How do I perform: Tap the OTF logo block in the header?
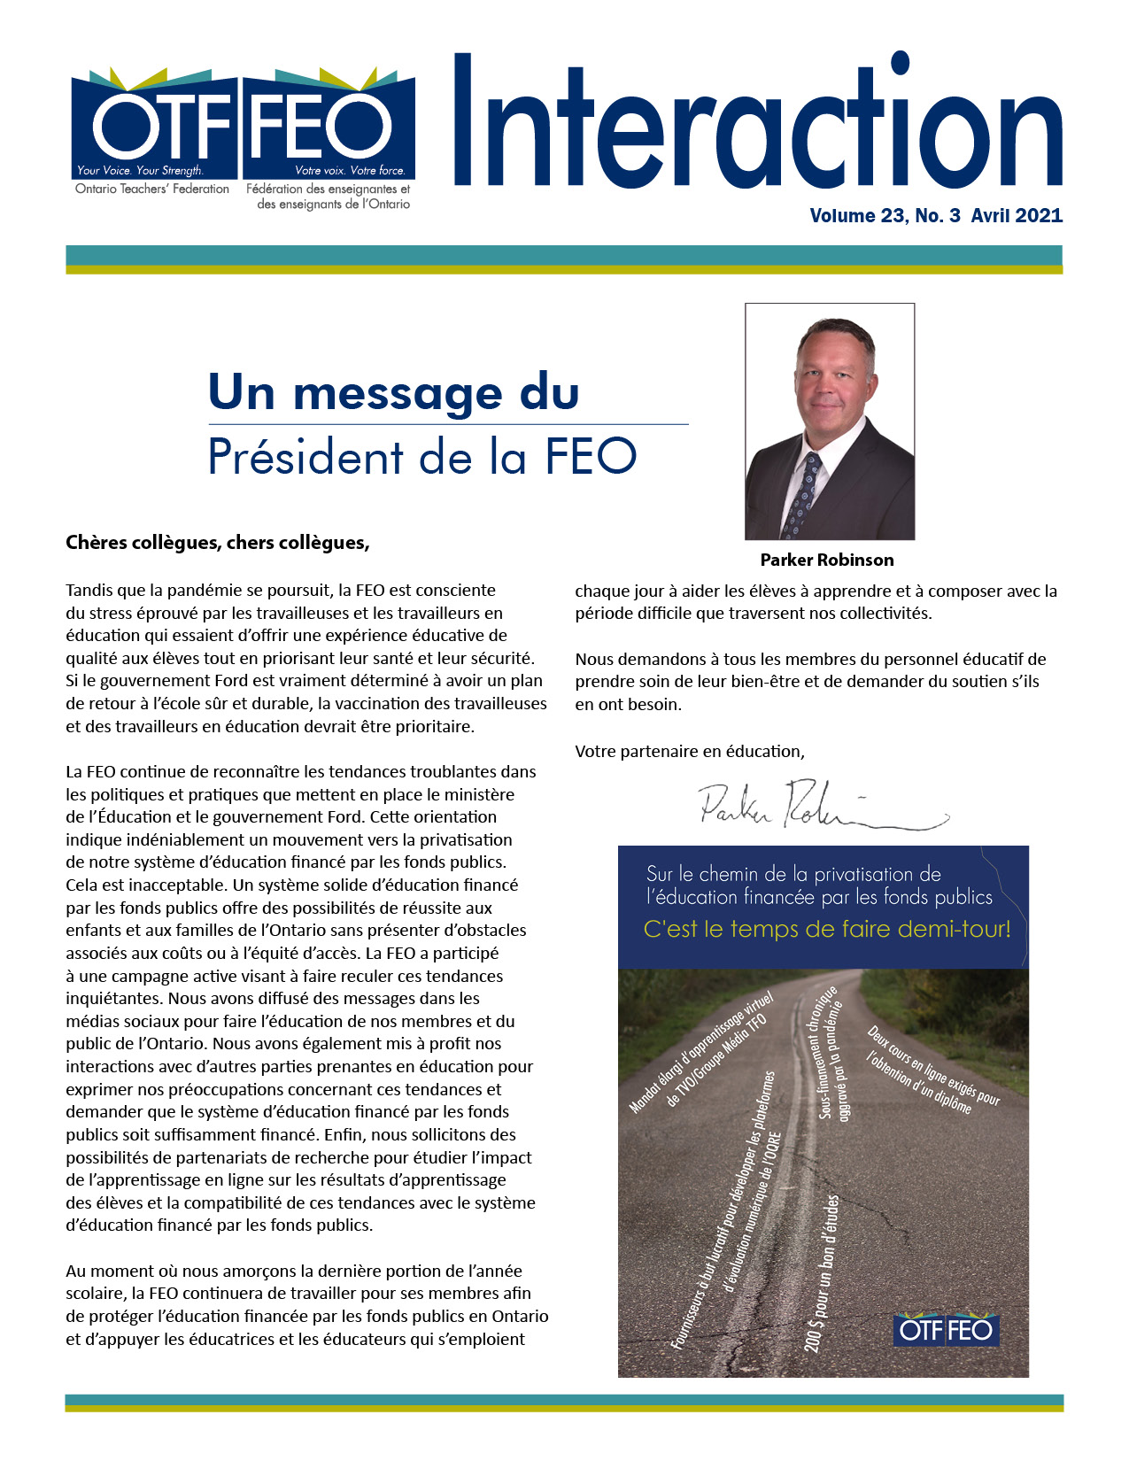[154, 126]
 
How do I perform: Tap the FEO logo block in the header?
[329, 126]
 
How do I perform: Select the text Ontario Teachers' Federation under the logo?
[152, 189]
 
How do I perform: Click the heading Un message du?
[393, 392]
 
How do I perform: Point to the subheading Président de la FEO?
[421, 457]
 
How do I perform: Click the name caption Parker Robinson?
[827, 560]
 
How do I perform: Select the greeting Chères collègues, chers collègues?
[217, 543]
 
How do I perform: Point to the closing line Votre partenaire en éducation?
[690, 752]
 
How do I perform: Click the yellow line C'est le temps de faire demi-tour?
[826, 930]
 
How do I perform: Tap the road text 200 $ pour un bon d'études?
[821, 1275]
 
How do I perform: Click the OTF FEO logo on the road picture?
[946, 1330]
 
